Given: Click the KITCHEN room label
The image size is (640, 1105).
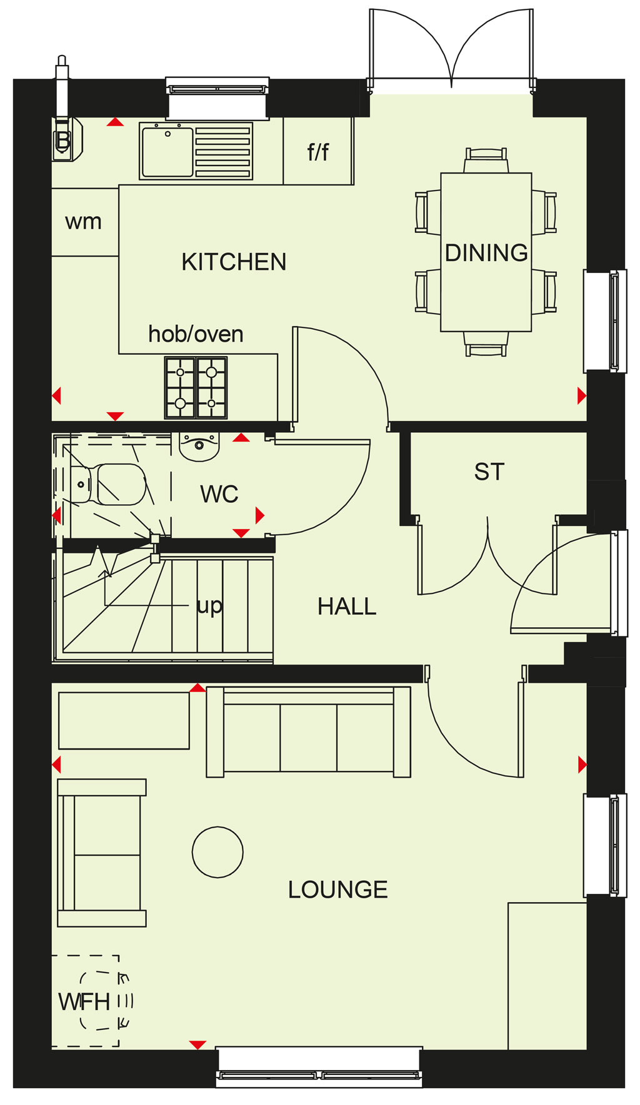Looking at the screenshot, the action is (234, 262).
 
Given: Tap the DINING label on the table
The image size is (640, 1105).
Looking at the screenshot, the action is (486, 252).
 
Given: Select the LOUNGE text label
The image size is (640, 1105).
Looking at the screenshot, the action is (337, 889).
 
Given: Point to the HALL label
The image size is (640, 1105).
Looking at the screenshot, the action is (347, 606).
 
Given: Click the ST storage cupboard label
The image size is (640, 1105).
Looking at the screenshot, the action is (489, 472).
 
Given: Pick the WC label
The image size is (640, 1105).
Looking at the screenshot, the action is (219, 494).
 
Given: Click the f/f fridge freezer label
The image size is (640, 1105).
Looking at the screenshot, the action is (317, 151).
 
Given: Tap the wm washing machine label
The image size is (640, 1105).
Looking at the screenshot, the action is (83, 222).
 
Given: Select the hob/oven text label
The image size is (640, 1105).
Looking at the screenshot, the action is (196, 334).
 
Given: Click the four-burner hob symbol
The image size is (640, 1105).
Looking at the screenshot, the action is (196, 387).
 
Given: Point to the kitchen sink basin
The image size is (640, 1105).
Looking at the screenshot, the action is (167, 151).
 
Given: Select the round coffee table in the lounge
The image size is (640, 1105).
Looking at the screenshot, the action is (217, 852).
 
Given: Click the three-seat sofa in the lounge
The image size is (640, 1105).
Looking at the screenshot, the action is (309, 731).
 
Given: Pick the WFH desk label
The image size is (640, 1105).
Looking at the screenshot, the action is (84, 1001).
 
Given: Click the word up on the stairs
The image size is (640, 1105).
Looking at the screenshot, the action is (209, 606).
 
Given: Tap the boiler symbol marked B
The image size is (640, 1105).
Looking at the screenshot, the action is (65, 139).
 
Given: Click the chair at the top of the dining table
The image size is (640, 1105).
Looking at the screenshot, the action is (486, 161).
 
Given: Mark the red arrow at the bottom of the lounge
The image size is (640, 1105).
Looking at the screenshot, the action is (197, 1044).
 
